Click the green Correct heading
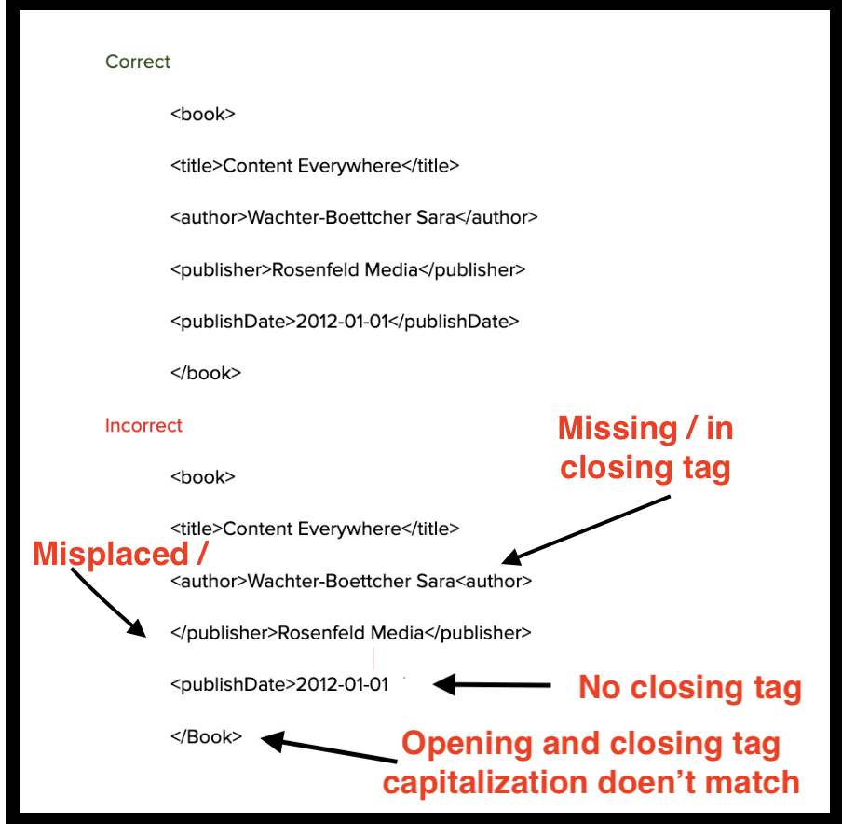point(138,62)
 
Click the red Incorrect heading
point(143,426)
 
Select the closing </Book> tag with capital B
point(206,736)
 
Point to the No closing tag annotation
point(689,688)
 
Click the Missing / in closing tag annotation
point(645,447)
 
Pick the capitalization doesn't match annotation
point(591,762)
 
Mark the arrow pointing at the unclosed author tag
point(587,529)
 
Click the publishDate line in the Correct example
point(345,322)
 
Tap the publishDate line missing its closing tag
point(279,685)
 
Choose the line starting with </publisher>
point(350,633)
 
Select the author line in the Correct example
point(354,218)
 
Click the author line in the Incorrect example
point(350,582)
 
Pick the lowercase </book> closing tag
point(206,373)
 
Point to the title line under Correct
point(315,167)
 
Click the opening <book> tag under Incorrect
point(203,477)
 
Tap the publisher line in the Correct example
point(348,270)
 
